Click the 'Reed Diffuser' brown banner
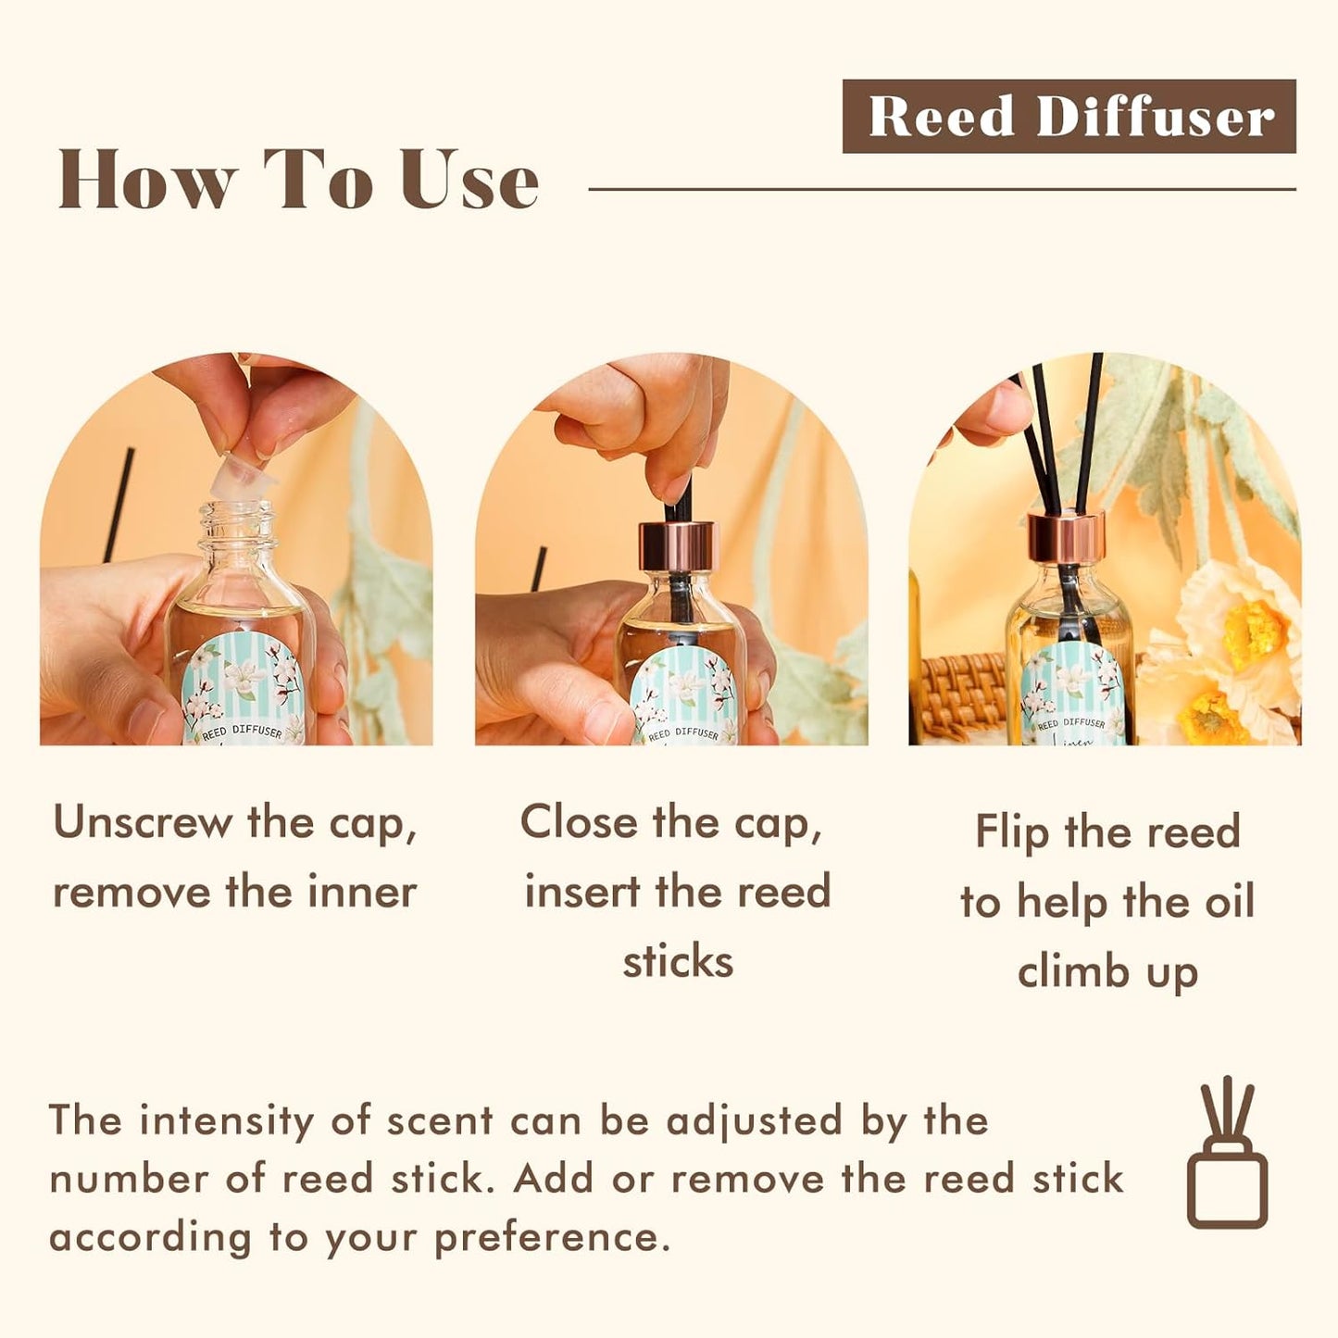coord(1069,117)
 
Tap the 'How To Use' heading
coord(297,180)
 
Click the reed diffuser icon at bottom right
coord(1227,1154)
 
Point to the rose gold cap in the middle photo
coord(678,546)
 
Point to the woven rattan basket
coord(963,694)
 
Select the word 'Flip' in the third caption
coord(1012,832)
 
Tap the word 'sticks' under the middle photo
coord(678,961)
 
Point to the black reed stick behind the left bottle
coord(119,505)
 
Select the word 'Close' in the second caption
coord(578,822)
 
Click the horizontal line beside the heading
coord(941,189)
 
